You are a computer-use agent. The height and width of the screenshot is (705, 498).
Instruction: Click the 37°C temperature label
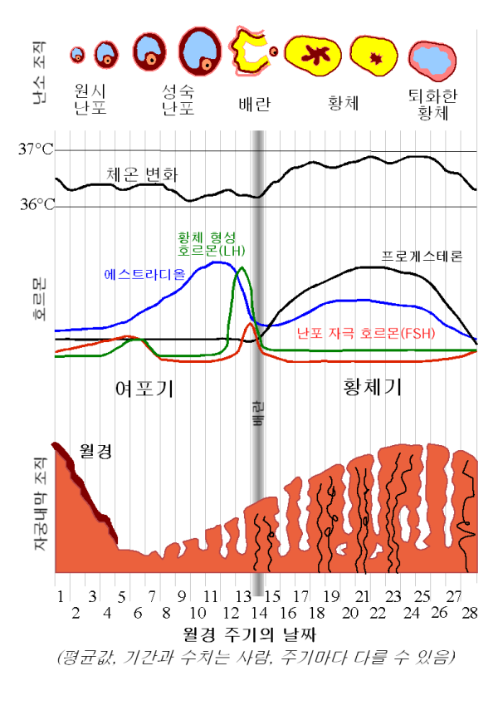click(x=36, y=150)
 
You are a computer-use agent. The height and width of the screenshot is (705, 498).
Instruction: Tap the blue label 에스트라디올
click(x=144, y=273)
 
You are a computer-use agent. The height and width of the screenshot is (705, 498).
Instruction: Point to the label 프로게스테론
click(x=421, y=256)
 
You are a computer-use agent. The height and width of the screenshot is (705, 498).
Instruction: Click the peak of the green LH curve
click(x=242, y=268)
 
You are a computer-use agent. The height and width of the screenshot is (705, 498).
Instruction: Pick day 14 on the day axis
click(x=258, y=613)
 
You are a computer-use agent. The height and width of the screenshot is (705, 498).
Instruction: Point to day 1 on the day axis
click(x=61, y=596)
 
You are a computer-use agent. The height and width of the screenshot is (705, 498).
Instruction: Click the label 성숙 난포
click(x=180, y=98)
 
